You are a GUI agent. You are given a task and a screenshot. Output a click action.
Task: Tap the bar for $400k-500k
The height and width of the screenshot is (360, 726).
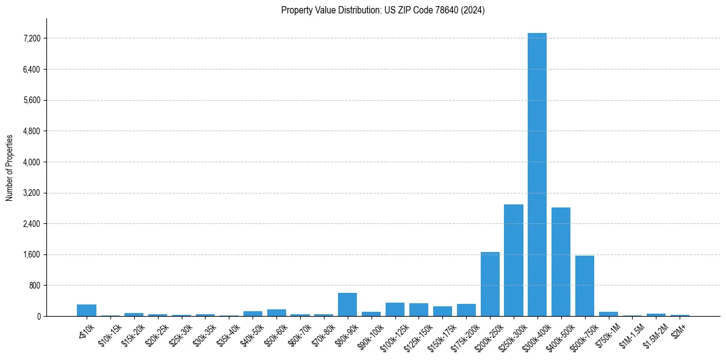click(561, 262)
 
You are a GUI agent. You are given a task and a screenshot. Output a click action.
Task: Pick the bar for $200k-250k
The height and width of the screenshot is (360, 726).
click(490, 284)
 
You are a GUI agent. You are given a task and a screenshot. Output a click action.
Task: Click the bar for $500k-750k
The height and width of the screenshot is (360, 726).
click(584, 286)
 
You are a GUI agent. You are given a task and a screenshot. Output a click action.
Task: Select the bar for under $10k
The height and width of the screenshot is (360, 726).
click(87, 311)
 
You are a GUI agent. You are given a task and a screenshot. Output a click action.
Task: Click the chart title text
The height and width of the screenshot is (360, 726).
click(383, 10)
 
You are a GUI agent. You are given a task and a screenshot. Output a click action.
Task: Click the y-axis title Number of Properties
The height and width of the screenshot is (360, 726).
click(10, 167)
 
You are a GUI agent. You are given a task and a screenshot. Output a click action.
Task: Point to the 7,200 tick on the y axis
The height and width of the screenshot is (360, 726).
click(31, 38)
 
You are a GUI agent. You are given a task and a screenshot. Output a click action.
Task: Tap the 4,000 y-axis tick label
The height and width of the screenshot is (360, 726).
click(31, 162)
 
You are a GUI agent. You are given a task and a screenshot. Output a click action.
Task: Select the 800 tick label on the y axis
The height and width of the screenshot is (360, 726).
click(34, 286)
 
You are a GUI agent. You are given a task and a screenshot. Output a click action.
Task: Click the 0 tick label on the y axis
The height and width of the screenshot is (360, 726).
click(38, 317)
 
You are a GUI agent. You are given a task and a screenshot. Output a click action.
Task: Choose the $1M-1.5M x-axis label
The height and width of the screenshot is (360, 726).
click(631, 333)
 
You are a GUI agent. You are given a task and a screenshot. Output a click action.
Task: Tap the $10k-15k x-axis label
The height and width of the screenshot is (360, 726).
click(110, 333)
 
